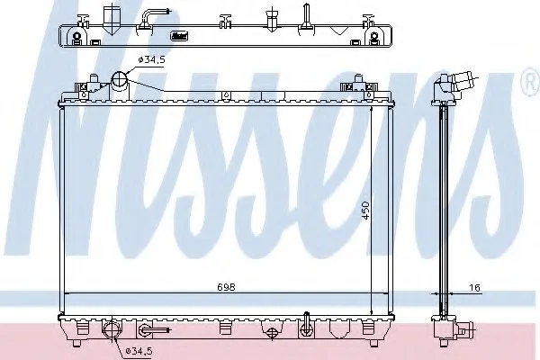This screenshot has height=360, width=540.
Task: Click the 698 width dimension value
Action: pos(226,286)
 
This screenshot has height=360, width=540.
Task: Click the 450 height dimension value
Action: pos(365,211)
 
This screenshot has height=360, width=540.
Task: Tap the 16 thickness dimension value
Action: pos(474,287)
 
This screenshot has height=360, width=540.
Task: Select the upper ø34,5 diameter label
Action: pos(151,60)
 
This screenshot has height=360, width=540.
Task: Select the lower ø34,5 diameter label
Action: pos(139,351)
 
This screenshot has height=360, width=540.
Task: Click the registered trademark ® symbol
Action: pos(531,81)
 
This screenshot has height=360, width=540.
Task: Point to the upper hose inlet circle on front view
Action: pos(120,79)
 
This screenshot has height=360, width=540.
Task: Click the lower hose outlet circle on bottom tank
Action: pos(112,329)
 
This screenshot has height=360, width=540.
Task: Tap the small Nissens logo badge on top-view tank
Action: pos(179,36)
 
